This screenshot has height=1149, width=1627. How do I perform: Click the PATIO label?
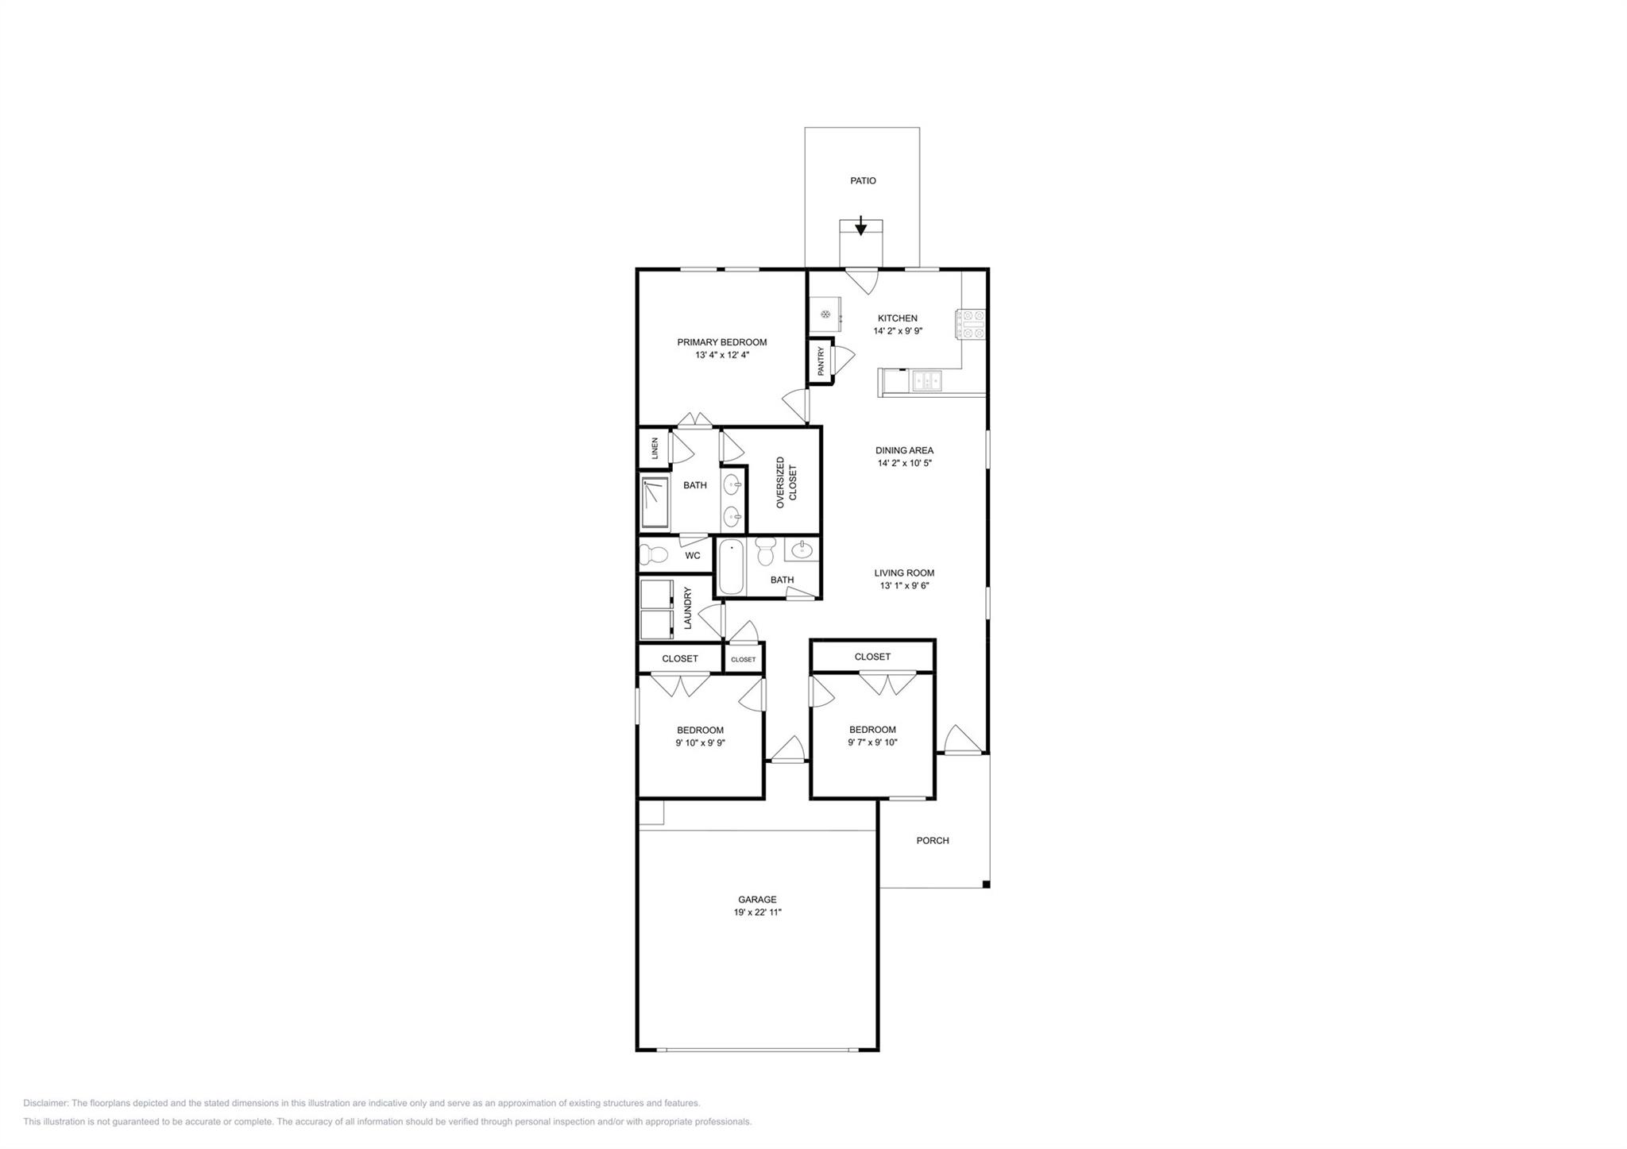click(863, 181)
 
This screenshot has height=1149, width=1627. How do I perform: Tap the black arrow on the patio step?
click(860, 227)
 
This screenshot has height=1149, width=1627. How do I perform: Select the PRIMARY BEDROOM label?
click(721, 342)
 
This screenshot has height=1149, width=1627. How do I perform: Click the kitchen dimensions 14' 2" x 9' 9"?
click(898, 331)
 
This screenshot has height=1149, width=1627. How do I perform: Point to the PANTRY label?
click(821, 361)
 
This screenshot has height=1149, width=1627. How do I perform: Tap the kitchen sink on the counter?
click(927, 382)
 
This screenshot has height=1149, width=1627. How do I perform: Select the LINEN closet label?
click(655, 449)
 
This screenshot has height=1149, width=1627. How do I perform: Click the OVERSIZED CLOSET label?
click(786, 482)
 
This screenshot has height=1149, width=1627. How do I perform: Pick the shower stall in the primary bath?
click(655, 503)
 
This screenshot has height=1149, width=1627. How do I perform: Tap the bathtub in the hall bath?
click(731, 567)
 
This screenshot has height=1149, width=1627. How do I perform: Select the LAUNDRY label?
click(688, 608)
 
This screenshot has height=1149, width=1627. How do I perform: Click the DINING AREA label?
click(904, 450)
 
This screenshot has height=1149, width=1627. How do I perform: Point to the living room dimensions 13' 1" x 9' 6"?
click(904, 586)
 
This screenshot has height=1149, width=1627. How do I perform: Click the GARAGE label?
click(757, 900)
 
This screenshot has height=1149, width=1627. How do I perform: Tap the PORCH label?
click(933, 840)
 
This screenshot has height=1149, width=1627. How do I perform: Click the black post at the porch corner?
click(986, 885)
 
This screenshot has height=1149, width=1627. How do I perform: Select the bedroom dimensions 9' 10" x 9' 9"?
click(700, 743)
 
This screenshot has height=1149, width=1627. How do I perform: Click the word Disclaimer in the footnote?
click(46, 1103)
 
